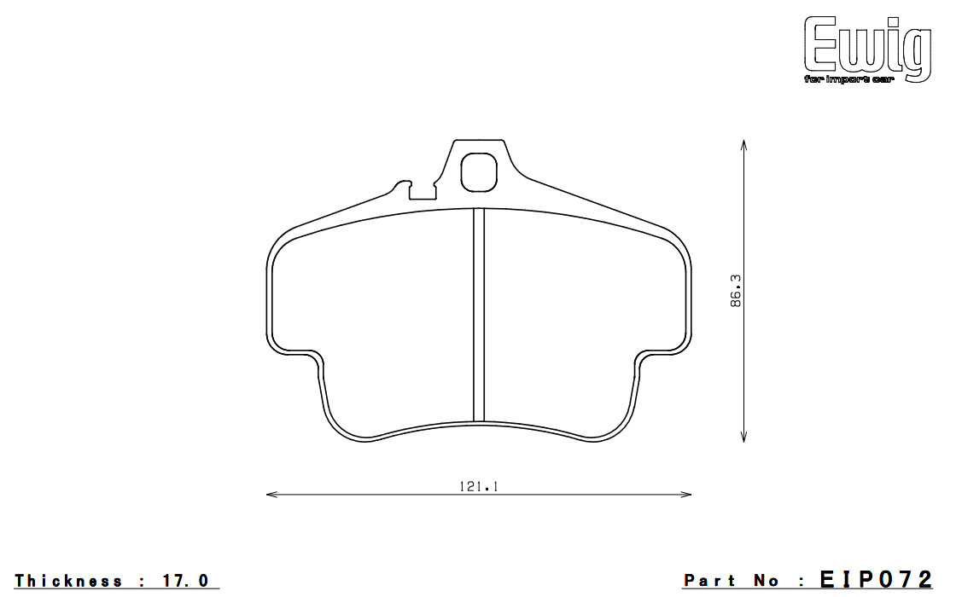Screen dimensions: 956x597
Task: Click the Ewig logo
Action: pyautogui.click(x=867, y=49)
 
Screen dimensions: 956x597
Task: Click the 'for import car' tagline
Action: pyautogui.click(x=848, y=80)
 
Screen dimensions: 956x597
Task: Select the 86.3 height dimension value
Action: pyautogui.click(x=736, y=291)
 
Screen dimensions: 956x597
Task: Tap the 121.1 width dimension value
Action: pyautogui.click(x=479, y=486)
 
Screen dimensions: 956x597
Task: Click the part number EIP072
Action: pyautogui.click(x=876, y=579)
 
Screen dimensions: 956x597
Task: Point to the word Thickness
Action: pyautogui.click(x=68, y=581)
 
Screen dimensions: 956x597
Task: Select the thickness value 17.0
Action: pyautogui.click(x=185, y=581)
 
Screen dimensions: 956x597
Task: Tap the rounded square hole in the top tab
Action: pyautogui.click(x=479, y=172)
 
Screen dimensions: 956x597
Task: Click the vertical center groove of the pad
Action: pyautogui.click(x=479, y=315)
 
